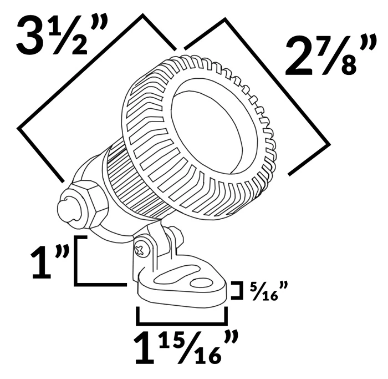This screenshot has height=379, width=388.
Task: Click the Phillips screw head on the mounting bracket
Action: pos(144,249)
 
